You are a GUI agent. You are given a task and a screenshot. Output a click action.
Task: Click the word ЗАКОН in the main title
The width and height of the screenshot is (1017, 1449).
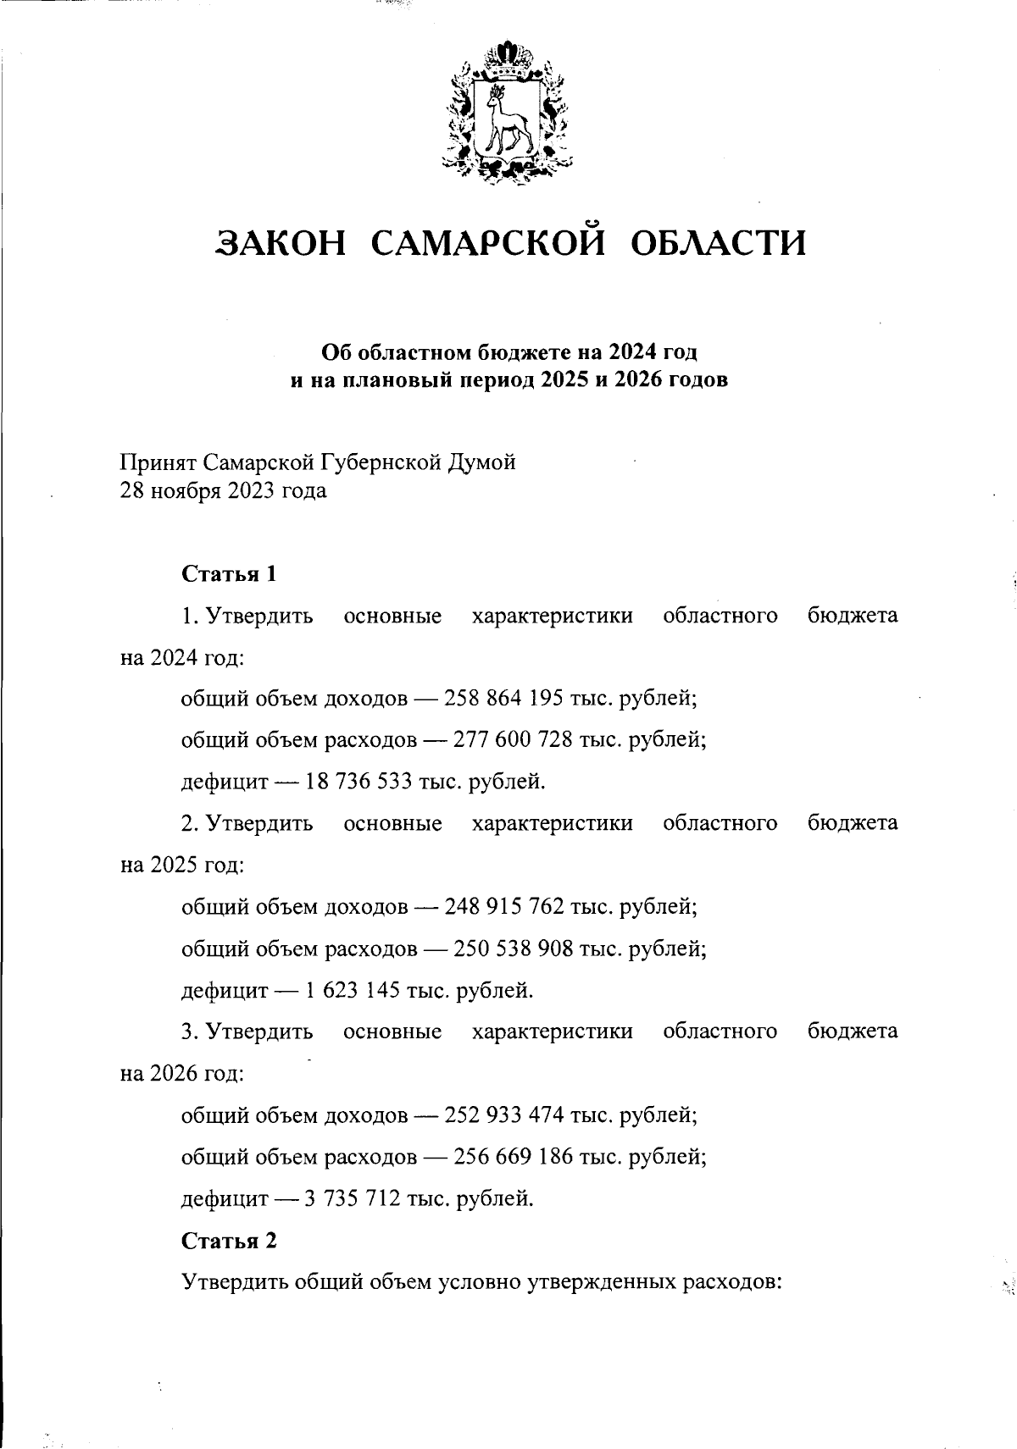click(282, 244)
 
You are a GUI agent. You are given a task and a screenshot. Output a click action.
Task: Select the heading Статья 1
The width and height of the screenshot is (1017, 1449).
click(230, 574)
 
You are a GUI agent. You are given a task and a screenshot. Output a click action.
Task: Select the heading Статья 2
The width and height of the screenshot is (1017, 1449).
click(230, 1241)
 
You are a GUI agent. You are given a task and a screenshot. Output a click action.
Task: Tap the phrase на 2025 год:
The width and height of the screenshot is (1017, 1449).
click(182, 866)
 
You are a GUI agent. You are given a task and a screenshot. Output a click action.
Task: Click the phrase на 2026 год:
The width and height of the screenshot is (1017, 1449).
click(182, 1074)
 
